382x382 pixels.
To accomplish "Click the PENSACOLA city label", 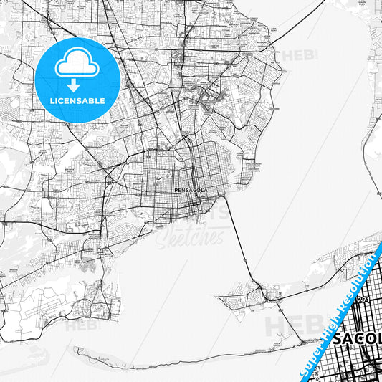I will (191, 190).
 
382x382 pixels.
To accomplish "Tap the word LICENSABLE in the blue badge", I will (77, 101).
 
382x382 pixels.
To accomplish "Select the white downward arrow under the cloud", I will (77, 85).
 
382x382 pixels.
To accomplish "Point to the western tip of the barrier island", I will (75, 350).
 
